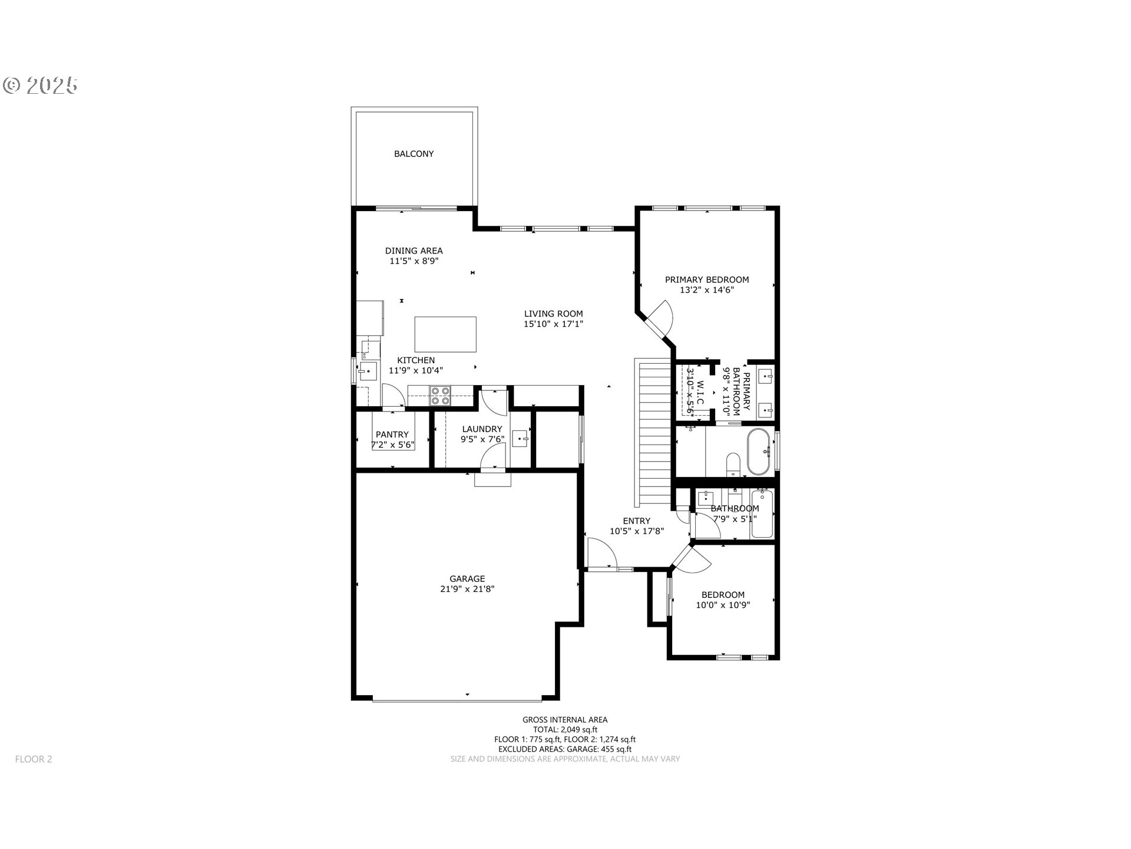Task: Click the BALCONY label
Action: pyautogui.click(x=414, y=154)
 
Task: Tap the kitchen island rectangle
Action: pyautogui.click(x=445, y=334)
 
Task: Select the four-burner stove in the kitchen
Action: pyautogui.click(x=439, y=396)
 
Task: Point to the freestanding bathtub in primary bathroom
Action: pyautogui.click(x=758, y=452)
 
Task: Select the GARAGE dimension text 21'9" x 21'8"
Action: pyautogui.click(x=467, y=589)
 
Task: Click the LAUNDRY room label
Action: pyautogui.click(x=482, y=429)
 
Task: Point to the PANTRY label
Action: pyautogui.click(x=392, y=435)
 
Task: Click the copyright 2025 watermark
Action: pyautogui.click(x=41, y=86)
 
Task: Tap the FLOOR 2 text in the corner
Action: pyautogui.click(x=34, y=759)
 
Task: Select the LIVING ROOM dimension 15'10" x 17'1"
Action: pyautogui.click(x=553, y=324)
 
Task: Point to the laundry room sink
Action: pyautogui.click(x=520, y=439)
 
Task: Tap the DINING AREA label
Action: pyautogui.click(x=414, y=251)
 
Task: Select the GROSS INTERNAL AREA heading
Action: pyautogui.click(x=564, y=719)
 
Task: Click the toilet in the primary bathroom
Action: pyautogui.click(x=733, y=463)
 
